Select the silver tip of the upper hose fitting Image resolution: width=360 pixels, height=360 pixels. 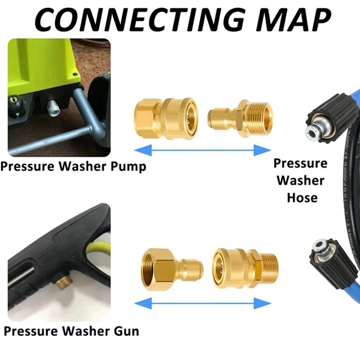[310, 131]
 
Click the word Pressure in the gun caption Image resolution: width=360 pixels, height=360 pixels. [34, 332]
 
